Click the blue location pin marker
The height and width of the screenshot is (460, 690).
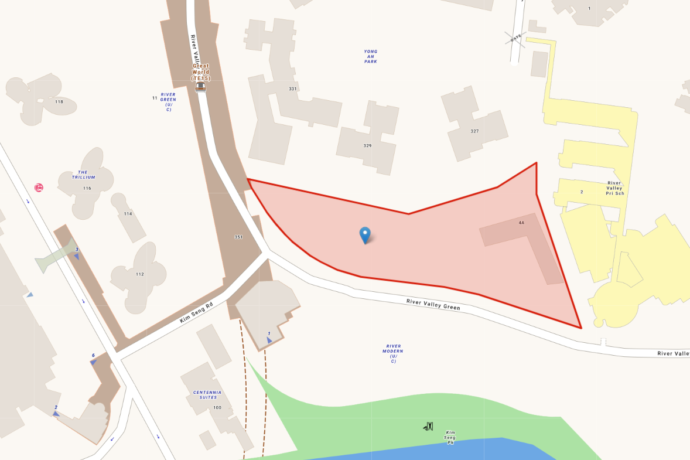[365, 234]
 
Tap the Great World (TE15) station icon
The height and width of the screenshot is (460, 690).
[201, 87]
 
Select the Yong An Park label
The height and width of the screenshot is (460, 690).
[371, 56]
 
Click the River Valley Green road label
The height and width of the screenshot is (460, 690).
[433, 304]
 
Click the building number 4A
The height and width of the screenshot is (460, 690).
[521, 223]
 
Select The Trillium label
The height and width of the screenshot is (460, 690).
[83, 175]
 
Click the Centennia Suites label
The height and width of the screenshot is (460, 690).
[207, 395]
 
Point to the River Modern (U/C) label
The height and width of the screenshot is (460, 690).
[394, 353]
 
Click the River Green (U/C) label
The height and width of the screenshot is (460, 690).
[168, 101]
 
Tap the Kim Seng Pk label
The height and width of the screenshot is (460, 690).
[450, 437]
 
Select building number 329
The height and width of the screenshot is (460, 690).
[367, 145]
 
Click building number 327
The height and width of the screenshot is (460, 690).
[474, 131]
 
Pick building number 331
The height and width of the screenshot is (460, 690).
[293, 89]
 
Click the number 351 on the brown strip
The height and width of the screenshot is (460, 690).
[238, 237]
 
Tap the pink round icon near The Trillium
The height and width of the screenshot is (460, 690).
[39, 188]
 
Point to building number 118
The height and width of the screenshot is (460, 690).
[59, 102]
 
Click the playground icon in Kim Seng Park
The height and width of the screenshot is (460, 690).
[428, 427]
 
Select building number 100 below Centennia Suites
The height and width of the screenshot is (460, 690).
[217, 407]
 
